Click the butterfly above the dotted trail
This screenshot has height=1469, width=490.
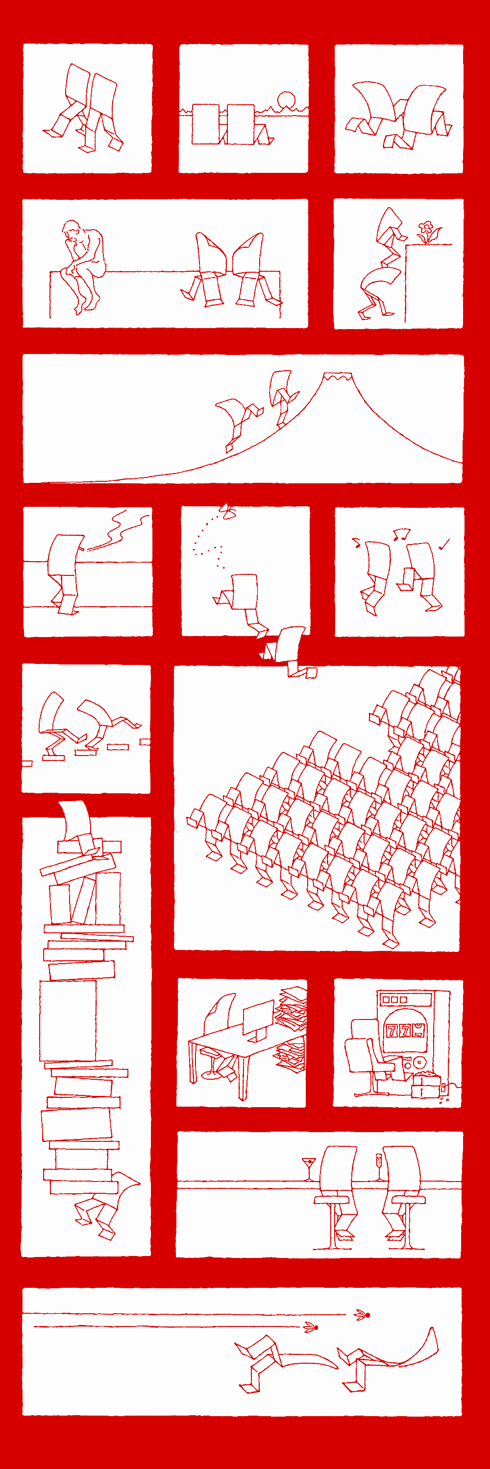pyautogui.click(x=228, y=512)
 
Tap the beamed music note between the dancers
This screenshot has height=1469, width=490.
pyautogui.click(x=402, y=534)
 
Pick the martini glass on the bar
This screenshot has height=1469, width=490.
pyautogui.click(x=309, y=1168)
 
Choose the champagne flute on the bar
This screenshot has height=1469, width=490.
pyautogui.click(x=378, y=1167)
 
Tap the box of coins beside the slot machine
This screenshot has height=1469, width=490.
pyautogui.click(x=425, y=1084)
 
